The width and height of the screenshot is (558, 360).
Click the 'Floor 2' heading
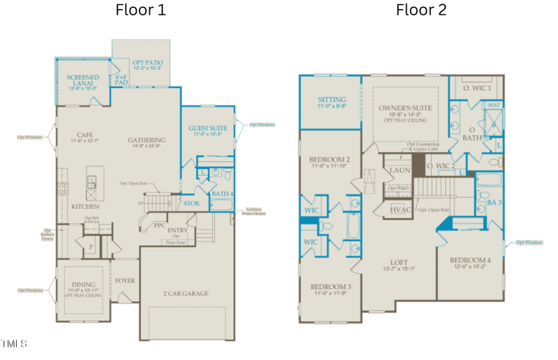coord(421,10)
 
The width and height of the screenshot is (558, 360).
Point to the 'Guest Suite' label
coord(208,130)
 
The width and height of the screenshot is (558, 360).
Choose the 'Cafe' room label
coord(86,137)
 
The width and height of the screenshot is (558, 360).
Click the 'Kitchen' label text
coord(85,207)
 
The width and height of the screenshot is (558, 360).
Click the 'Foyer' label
coord(125,280)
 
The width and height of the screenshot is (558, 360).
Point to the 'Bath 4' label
coord(222,193)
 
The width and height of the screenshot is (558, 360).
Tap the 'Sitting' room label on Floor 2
coord(332,102)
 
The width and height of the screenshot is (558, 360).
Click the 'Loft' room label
coord(399,264)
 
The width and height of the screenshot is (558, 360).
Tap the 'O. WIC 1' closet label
coord(482,89)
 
